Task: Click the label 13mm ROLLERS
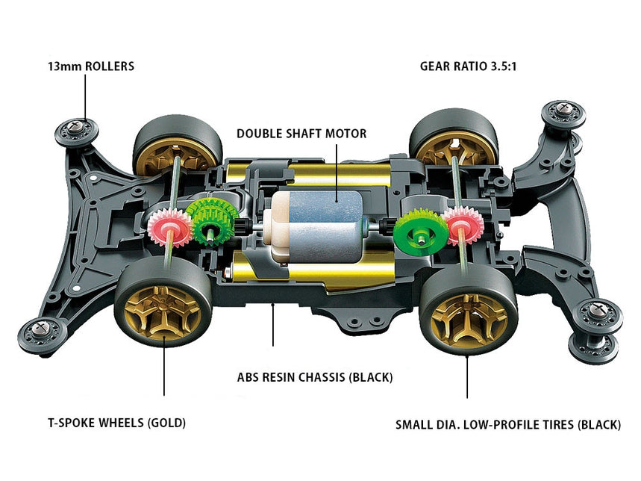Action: coord(90,66)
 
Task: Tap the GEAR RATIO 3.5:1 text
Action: coord(468,66)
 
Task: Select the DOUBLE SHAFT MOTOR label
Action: coord(301,134)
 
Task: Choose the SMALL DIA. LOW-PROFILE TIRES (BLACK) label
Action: coord(508,424)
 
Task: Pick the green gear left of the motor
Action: coord(213,223)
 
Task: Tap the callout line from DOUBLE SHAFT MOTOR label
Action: coord(337,172)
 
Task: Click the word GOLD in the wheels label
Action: coord(166,423)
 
